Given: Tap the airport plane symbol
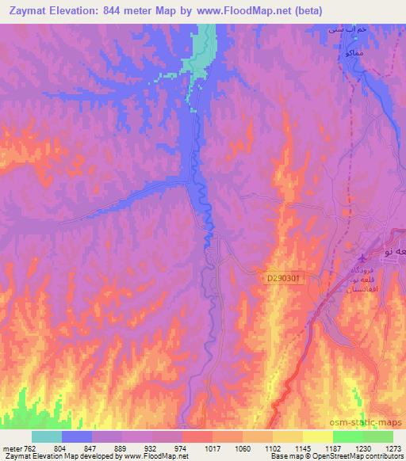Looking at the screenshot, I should tap(363, 257).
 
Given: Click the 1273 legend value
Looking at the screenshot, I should tap(393, 448).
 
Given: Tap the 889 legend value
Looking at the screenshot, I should tap(121, 448).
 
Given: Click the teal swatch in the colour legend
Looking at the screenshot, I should tap(47, 436).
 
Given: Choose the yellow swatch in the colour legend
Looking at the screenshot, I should tap(317, 436).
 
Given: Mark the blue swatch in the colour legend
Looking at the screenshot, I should tap(77, 436).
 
